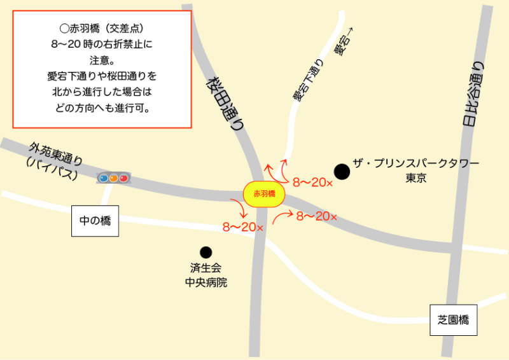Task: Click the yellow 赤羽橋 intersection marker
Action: (x=263, y=194)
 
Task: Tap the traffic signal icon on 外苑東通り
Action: (x=113, y=178)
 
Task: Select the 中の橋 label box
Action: (x=95, y=221)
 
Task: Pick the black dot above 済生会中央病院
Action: (x=206, y=252)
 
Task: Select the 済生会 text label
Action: (x=206, y=268)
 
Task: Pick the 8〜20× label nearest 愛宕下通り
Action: (x=313, y=183)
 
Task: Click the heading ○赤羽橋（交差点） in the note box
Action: (x=102, y=29)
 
